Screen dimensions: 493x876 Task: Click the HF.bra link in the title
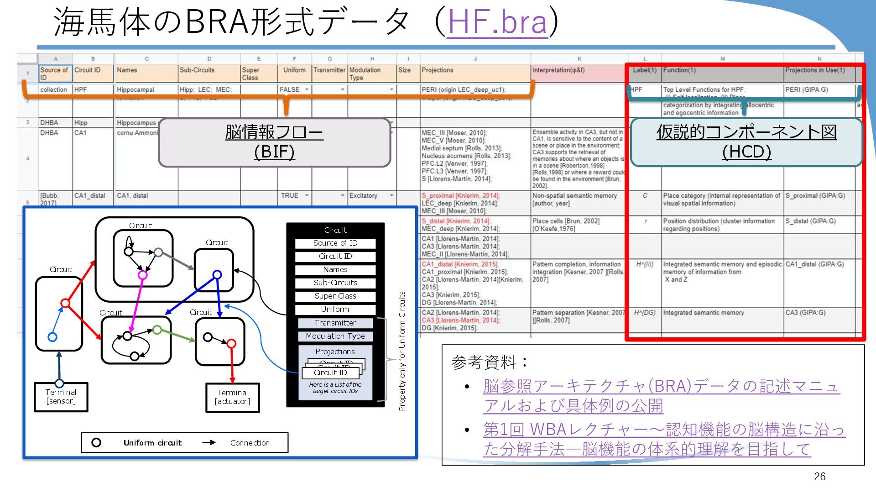tap(497, 22)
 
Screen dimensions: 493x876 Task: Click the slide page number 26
tap(819, 477)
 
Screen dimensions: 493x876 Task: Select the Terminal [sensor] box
tap(61, 397)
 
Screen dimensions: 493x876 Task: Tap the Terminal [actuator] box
tap(232, 397)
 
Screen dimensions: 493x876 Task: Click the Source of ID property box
tap(335, 243)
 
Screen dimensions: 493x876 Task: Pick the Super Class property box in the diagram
tap(335, 296)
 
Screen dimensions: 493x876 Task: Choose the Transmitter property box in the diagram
tap(335, 323)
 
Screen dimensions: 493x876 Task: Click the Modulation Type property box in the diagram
tap(335, 336)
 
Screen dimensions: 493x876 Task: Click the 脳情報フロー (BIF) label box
tap(274, 142)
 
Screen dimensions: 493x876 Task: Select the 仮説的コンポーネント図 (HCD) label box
tap(746, 142)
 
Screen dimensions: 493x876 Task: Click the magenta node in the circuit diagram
tap(142, 275)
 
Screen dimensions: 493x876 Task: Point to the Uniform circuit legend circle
tap(96, 442)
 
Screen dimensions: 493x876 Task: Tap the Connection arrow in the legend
tap(209, 442)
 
